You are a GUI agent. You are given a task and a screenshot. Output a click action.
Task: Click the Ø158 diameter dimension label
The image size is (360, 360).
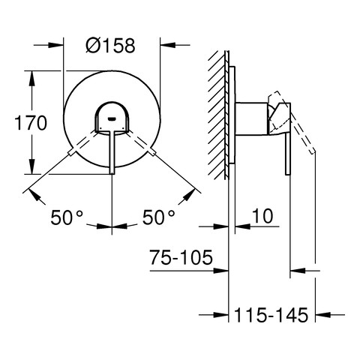[112, 46]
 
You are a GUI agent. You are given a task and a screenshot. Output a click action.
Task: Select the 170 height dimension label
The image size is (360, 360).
[31, 123]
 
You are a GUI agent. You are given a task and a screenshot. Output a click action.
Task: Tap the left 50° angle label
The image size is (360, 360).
[67, 217]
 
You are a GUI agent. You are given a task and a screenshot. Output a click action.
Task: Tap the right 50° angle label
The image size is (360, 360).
[158, 217]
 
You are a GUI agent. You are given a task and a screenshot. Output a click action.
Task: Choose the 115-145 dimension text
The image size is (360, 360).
[271, 315]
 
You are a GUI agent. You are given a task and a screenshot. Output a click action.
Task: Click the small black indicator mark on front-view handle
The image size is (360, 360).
[112, 118]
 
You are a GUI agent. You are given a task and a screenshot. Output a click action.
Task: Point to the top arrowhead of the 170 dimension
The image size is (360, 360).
[31, 74]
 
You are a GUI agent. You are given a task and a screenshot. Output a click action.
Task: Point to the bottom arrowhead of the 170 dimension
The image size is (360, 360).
[31, 172]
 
